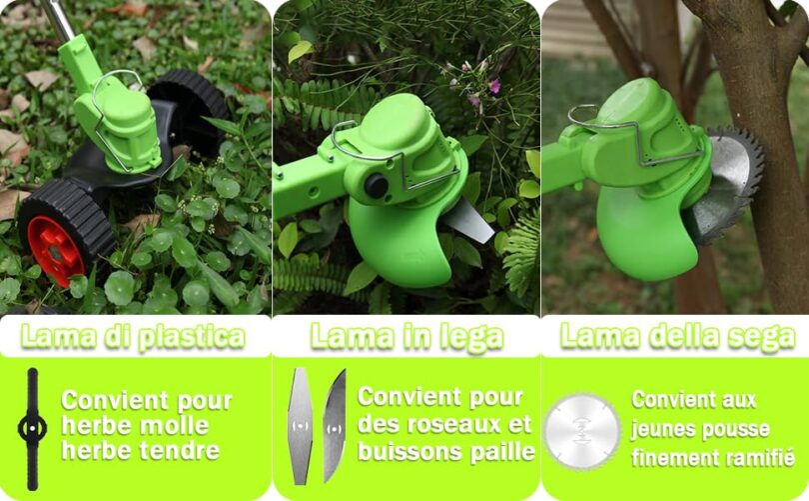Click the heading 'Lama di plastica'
pos(133,337)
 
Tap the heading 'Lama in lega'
pos(406,337)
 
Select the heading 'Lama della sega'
pos(677,337)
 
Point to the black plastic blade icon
pos(32,429)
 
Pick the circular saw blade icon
pos(582,431)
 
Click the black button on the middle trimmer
pos(377,186)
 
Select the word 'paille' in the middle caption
pos(502,452)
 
